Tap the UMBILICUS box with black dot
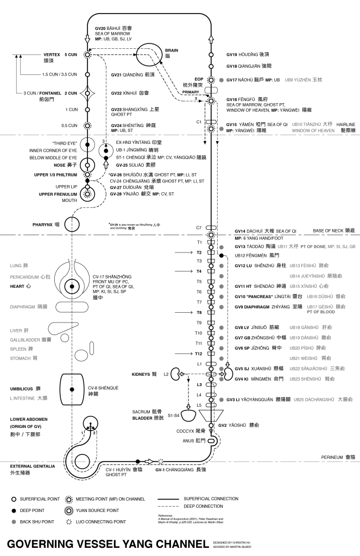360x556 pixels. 72,389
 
